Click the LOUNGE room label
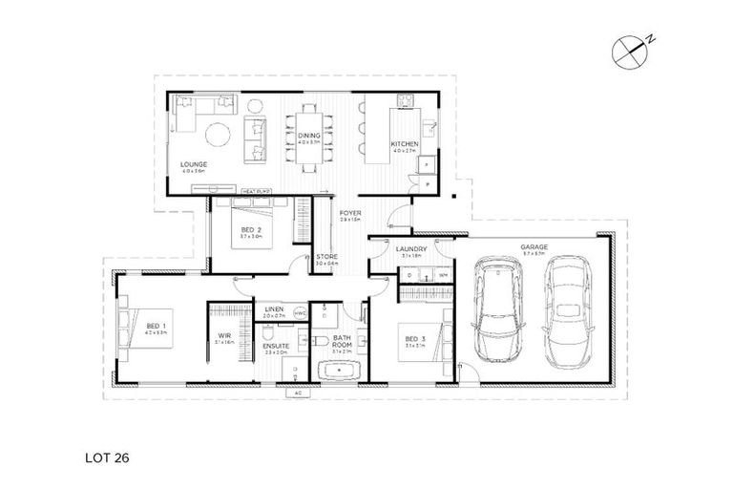(x=194, y=164)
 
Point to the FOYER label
(x=349, y=215)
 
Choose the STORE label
(x=326, y=257)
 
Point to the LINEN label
(x=275, y=309)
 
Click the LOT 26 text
(x=105, y=457)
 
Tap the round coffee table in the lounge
(x=219, y=133)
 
